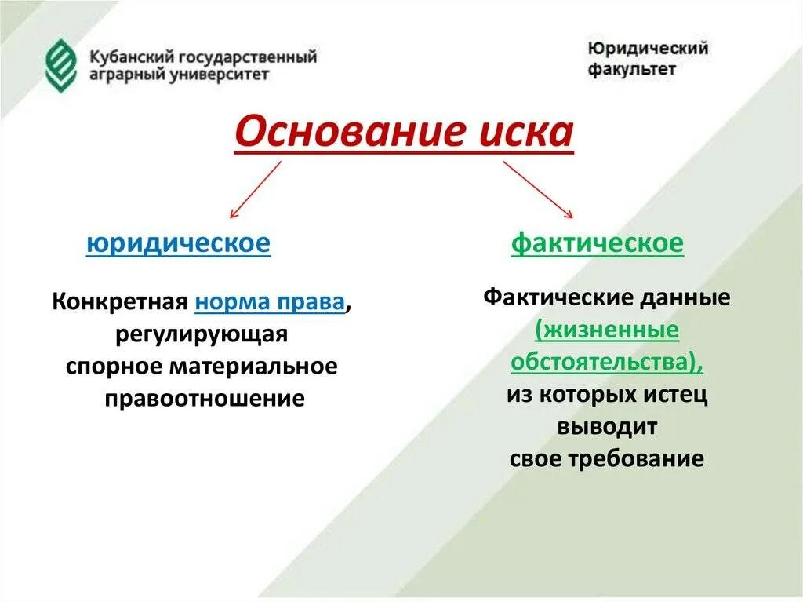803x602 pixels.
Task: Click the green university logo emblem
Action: click(61, 65)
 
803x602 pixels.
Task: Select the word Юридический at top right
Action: click(648, 49)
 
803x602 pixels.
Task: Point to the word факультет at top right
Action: click(631, 69)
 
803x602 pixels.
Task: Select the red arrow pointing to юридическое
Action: click(255, 189)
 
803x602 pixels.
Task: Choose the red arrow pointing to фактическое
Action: click(539, 189)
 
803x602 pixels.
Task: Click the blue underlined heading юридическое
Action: click(178, 243)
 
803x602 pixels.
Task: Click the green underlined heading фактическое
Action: click(598, 243)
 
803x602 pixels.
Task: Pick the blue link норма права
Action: click(270, 302)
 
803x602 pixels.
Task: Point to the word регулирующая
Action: click(202, 334)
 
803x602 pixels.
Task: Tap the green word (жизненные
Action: click(607, 330)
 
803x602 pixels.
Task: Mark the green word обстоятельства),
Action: click(607, 363)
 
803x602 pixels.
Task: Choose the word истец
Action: click(678, 395)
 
